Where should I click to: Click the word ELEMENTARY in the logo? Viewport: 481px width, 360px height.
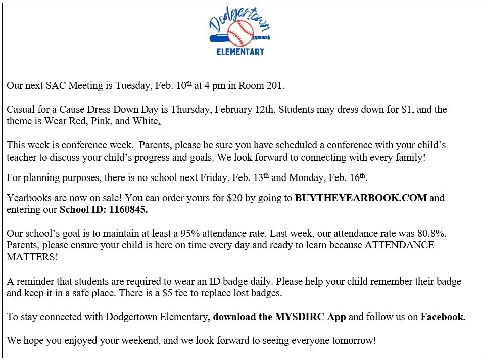pos(240,52)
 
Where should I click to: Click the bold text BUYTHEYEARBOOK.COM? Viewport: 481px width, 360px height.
pos(361,198)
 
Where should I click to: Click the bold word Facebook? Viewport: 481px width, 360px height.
pos(443,317)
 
